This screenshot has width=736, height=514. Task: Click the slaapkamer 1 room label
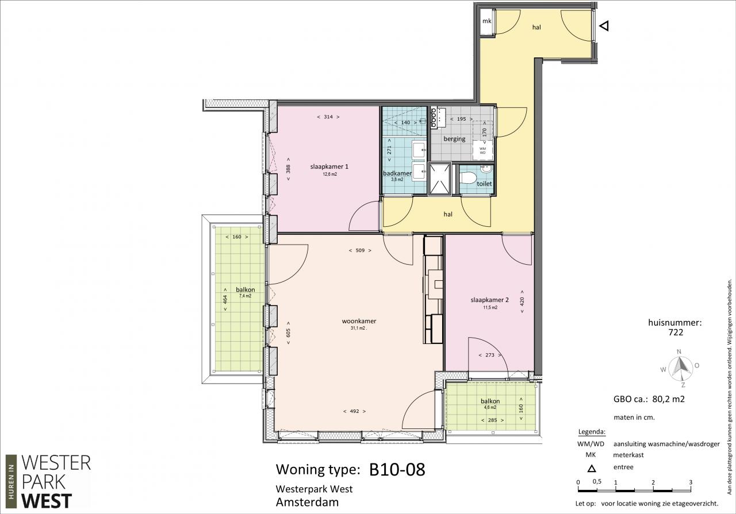point(329,167)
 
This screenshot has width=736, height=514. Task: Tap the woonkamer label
point(359,321)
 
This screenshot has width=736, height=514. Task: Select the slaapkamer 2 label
point(489,300)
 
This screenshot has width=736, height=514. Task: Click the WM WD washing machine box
point(482,150)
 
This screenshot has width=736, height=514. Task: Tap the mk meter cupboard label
point(486,21)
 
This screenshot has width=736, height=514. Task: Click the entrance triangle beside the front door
point(604,26)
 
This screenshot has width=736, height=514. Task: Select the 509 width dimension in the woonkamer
point(360,250)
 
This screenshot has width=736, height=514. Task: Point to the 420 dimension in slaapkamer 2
point(522,302)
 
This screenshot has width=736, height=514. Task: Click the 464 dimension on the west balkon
point(225,299)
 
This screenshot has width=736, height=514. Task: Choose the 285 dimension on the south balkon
point(493,420)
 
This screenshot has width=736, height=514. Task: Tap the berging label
point(454,139)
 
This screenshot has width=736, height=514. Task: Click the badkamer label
point(397,173)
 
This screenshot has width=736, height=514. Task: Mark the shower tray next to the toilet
point(440,179)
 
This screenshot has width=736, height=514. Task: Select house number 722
point(676,332)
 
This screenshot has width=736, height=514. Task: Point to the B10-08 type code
point(397,469)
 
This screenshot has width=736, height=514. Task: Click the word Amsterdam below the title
point(307,503)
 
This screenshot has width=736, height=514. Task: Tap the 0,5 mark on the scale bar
point(597,481)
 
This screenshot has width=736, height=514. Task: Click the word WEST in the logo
point(47,501)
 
